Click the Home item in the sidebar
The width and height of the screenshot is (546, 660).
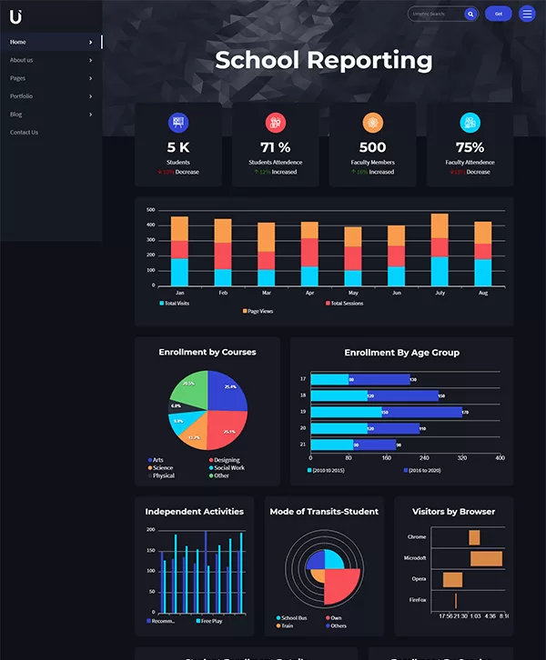coord(19,42)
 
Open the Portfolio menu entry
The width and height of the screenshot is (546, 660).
coord(22,96)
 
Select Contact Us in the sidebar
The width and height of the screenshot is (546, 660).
coord(25,133)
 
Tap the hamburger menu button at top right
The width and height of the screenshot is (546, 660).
coord(527,14)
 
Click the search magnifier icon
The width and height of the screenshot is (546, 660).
coord(470,14)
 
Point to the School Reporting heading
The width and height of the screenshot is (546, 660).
coord(324,61)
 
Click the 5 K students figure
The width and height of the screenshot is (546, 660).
coord(178,147)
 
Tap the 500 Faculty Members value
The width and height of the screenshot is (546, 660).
coord(372,147)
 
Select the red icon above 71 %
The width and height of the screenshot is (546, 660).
coord(275,122)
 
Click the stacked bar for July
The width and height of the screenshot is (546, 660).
coord(440,249)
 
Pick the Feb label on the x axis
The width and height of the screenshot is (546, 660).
coord(223,293)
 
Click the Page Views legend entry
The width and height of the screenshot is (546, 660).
coord(259,311)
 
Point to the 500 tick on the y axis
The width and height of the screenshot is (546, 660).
coord(151,209)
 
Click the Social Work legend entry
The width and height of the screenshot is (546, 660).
coord(228,468)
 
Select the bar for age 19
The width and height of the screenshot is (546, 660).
coord(386,412)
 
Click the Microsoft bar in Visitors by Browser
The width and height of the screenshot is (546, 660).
coord(486,558)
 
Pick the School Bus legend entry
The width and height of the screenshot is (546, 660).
coord(294,618)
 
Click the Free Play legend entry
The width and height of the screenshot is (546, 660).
coord(211,621)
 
